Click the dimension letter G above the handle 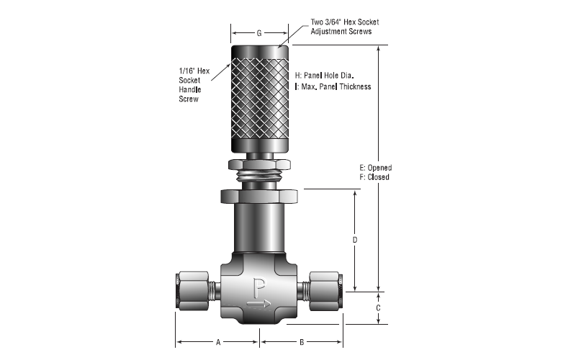[x=259, y=33]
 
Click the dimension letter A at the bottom [x=218, y=343]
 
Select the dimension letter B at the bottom [x=302, y=343]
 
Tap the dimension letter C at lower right [x=379, y=308]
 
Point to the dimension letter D [x=355, y=240]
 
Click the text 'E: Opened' [x=375, y=168]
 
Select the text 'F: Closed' [x=374, y=177]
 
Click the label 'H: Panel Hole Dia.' [x=325, y=76]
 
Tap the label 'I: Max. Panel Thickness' [x=333, y=86]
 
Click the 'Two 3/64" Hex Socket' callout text [x=345, y=22]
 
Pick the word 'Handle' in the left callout [x=190, y=89]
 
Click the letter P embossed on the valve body [x=259, y=288]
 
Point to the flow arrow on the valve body [x=259, y=303]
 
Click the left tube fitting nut [x=193, y=291]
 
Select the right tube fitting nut [x=325, y=291]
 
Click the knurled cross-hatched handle [x=260, y=99]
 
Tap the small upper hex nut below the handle [x=259, y=165]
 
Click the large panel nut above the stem [x=259, y=196]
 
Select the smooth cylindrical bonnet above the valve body [x=259, y=228]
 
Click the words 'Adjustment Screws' [x=341, y=32]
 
